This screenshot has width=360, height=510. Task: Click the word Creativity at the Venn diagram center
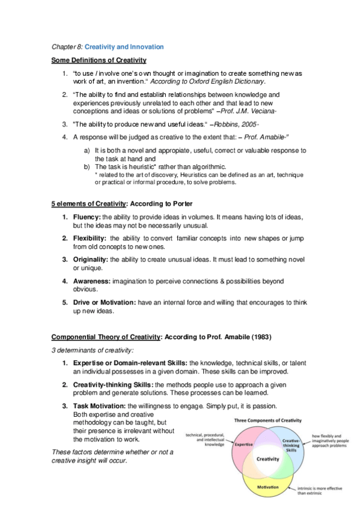[268, 459]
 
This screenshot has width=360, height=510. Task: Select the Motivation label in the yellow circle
[267, 487]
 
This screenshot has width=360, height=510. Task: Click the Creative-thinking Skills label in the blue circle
[291, 445]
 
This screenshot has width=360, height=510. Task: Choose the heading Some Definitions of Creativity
[99, 60]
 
